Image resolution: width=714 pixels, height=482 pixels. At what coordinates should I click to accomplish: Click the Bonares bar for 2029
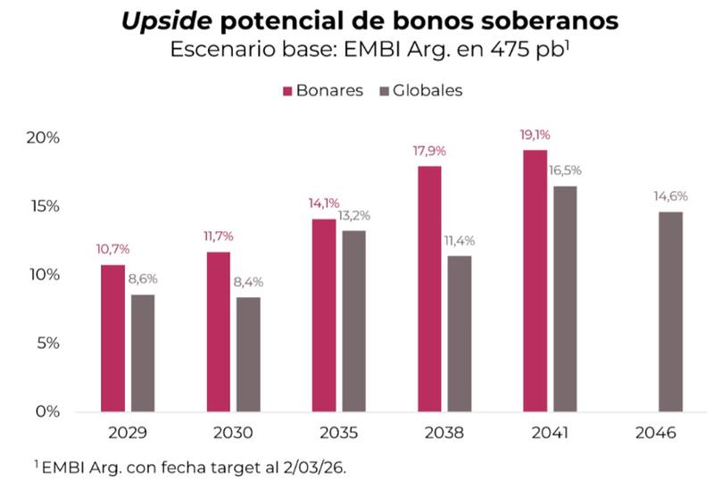click(x=112, y=337)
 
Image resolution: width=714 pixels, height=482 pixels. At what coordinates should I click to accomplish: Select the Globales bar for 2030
click(x=249, y=353)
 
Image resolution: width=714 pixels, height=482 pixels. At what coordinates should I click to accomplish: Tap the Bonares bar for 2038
click(x=429, y=288)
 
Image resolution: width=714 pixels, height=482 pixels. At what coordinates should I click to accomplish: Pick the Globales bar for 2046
click(x=670, y=311)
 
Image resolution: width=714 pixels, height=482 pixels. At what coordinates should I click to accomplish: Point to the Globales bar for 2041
click(x=563, y=298)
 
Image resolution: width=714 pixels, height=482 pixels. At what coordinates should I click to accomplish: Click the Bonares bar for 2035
click(x=324, y=314)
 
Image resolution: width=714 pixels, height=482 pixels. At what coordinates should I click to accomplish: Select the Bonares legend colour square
click(x=288, y=91)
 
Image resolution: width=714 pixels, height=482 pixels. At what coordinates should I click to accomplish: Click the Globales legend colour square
click(x=386, y=91)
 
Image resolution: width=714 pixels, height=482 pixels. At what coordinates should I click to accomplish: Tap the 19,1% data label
click(x=535, y=135)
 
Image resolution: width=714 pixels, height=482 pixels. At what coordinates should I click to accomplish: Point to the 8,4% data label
click(x=249, y=282)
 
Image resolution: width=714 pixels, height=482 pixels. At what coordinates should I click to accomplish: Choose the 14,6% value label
click(x=670, y=196)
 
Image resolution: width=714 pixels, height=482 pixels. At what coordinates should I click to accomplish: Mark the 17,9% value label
click(x=429, y=151)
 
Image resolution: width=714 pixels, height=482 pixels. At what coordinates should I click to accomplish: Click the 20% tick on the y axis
click(x=42, y=138)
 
